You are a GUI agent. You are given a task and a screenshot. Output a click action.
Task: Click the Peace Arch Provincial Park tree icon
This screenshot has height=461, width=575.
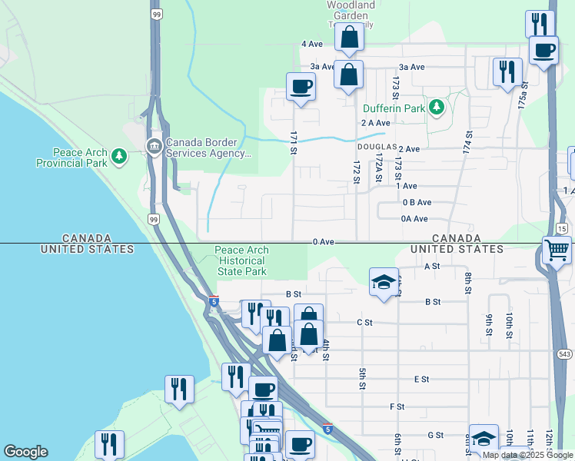click(x=119, y=158)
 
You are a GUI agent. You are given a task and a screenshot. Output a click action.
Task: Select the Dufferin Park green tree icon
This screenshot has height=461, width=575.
click(x=437, y=108)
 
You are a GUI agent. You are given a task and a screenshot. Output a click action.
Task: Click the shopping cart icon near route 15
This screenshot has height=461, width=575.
click(x=557, y=250)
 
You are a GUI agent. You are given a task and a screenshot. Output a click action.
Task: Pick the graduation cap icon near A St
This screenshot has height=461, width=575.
click(x=384, y=282)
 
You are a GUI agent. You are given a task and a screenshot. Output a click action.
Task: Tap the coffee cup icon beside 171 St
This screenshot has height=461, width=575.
click(x=301, y=86)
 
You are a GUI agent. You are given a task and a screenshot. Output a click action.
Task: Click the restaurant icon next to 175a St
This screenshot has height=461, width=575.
click(x=507, y=72)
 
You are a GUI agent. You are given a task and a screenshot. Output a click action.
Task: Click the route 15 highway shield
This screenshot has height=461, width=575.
click(x=562, y=229)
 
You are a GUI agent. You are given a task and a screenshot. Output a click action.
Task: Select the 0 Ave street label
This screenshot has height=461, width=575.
click(x=324, y=241)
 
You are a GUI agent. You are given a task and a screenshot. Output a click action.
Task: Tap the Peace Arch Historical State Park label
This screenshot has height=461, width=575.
click(x=241, y=261)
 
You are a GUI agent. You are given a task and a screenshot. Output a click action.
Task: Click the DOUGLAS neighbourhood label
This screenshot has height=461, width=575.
click(x=376, y=146)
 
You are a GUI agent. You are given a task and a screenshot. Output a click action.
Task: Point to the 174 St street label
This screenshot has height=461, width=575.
click(x=468, y=141)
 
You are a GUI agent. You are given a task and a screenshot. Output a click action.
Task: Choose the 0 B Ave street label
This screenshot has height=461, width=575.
click(x=416, y=203)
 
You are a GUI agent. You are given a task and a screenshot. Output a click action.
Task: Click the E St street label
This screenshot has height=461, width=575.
click(x=420, y=380)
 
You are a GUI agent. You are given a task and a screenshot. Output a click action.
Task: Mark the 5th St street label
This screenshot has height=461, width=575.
click(x=362, y=378)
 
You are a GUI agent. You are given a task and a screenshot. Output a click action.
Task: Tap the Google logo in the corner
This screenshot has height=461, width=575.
click(x=25, y=452)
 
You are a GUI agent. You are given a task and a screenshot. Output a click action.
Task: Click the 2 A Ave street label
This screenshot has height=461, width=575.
click(x=376, y=123)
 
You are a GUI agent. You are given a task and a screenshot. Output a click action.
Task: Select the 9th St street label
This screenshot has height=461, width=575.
click(x=488, y=324)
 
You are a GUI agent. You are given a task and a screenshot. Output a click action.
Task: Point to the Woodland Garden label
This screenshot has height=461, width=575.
click(x=351, y=10)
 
